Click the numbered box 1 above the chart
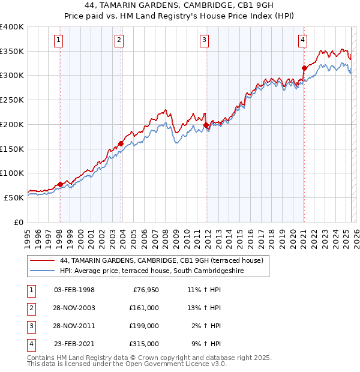coord(59,40)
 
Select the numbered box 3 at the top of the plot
coord(204,40)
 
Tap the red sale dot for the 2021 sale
coord(304,68)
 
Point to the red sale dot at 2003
coord(121,143)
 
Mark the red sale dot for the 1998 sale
coord(60,184)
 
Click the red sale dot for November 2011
coord(206,125)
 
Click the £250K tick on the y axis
coord(12,100)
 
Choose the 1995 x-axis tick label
coord(28,235)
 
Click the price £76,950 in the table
coord(144,290)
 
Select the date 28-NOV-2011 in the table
coord(74,326)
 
